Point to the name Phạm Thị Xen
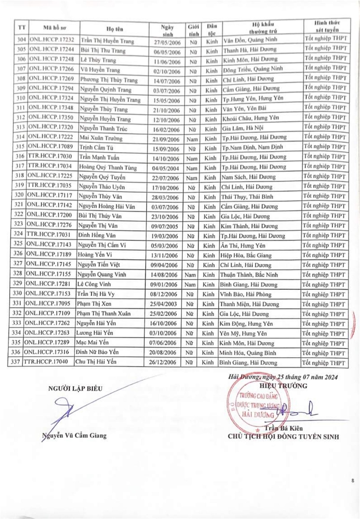point(93,304)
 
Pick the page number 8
point(353,481)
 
